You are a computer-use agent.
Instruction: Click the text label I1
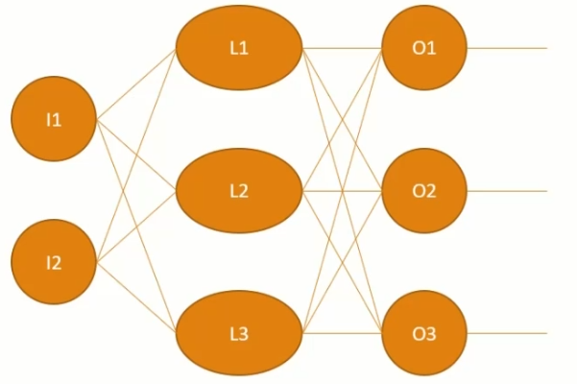click(x=54, y=120)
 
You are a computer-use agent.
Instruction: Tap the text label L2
click(x=239, y=191)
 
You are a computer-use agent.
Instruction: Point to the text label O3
click(x=424, y=334)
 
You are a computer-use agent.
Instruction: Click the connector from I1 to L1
click(x=135, y=84)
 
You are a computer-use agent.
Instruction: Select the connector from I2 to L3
click(x=135, y=298)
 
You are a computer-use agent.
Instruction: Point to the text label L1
click(x=239, y=49)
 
